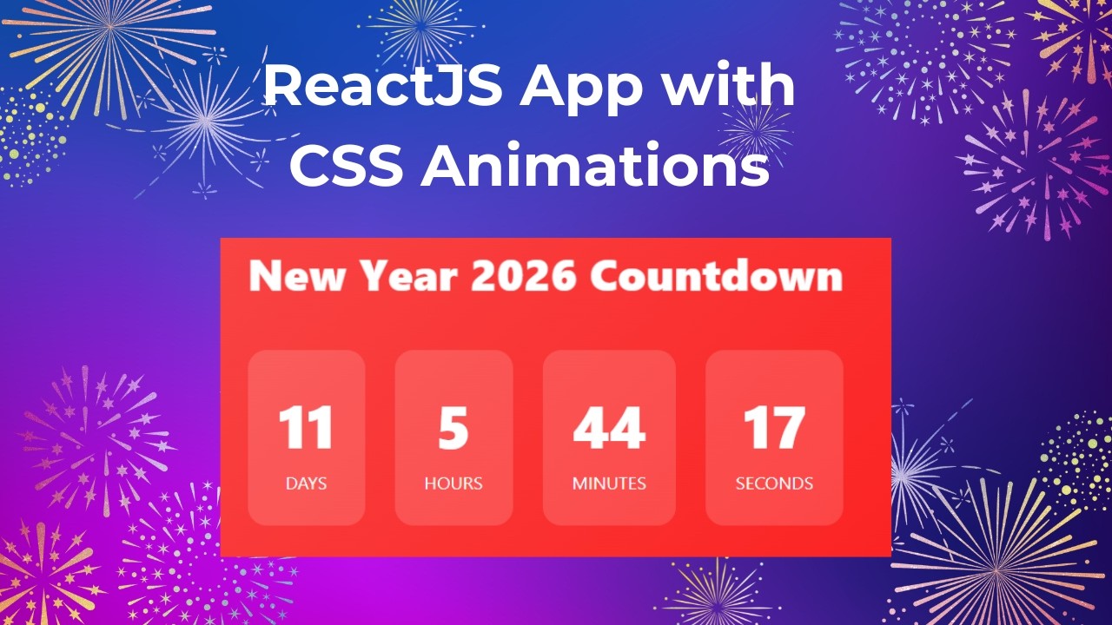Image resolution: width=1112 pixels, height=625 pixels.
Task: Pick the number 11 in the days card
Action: pyautogui.click(x=306, y=429)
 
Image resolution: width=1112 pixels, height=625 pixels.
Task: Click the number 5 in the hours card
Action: pyautogui.click(x=453, y=429)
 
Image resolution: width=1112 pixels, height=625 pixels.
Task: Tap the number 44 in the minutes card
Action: pyautogui.click(x=609, y=429)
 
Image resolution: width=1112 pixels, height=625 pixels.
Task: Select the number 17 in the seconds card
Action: pyautogui.click(x=773, y=429)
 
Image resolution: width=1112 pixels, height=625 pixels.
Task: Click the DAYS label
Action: pyautogui.click(x=306, y=484)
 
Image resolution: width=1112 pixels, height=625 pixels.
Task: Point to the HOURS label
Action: pyautogui.click(x=453, y=484)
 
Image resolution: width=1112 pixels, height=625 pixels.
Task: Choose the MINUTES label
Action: pyautogui.click(x=609, y=484)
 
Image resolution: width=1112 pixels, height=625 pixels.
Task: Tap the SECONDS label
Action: pyautogui.click(x=774, y=484)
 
